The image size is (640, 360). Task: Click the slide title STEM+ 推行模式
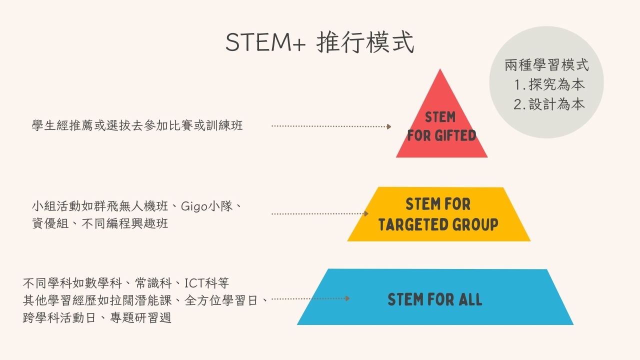pyautogui.click(x=319, y=42)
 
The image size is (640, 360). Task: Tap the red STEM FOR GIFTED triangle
pyautogui.click(x=441, y=125)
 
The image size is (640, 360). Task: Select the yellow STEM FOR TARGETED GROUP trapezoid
pyautogui.click(x=439, y=214)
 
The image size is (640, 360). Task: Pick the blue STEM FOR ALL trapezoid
pyautogui.click(x=435, y=297)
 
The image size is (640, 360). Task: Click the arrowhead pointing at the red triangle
pyautogui.click(x=389, y=126)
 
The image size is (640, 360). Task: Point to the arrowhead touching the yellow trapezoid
pyautogui.click(x=366, y=213)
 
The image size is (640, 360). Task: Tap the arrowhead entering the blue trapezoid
pyautogui.click(x=347, y=298)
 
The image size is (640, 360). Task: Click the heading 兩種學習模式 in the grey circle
pyautogui.click(x=546, y=65)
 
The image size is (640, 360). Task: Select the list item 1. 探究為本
pyautogui.click(x=549, y=84)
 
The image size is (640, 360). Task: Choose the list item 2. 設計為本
pyautogui.click(x=549, y=104)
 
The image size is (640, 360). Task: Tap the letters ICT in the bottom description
pyautogui.click(x=194, y=283)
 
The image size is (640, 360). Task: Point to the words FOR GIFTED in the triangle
pyautogui.click(x=441, y=135)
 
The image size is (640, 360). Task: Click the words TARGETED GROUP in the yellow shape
pyautogui.click(x=438, y=224)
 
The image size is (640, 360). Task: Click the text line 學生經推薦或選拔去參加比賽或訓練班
pyautogui.click(x=137, y=125)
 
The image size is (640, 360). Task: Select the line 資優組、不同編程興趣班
pyautogui.click(x=100, y=223)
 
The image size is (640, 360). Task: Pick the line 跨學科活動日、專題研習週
pyautogui.click(x=97, y=317)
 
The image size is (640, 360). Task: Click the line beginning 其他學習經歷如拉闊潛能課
pyautogui.click(x=145, y=300)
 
